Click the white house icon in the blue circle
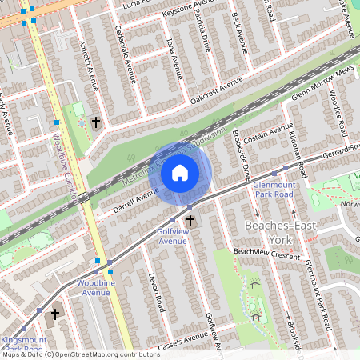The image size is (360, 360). pos(180,172)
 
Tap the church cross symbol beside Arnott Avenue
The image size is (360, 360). pos(96,122)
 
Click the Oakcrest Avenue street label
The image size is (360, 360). pos(215,93)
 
